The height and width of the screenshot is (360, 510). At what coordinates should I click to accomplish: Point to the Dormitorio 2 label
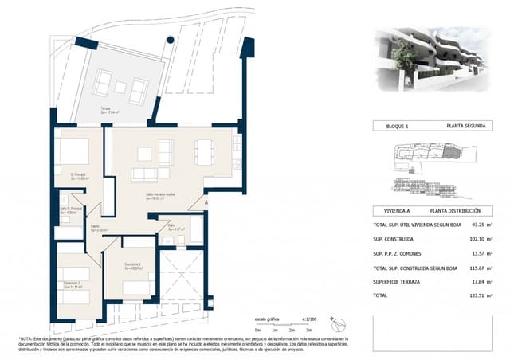134,265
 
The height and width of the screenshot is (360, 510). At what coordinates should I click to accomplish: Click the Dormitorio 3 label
73,284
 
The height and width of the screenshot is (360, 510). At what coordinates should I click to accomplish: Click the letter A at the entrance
206,204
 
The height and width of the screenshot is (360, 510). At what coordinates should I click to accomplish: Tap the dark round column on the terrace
170,41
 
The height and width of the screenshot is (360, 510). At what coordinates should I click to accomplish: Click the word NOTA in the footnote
27,338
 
